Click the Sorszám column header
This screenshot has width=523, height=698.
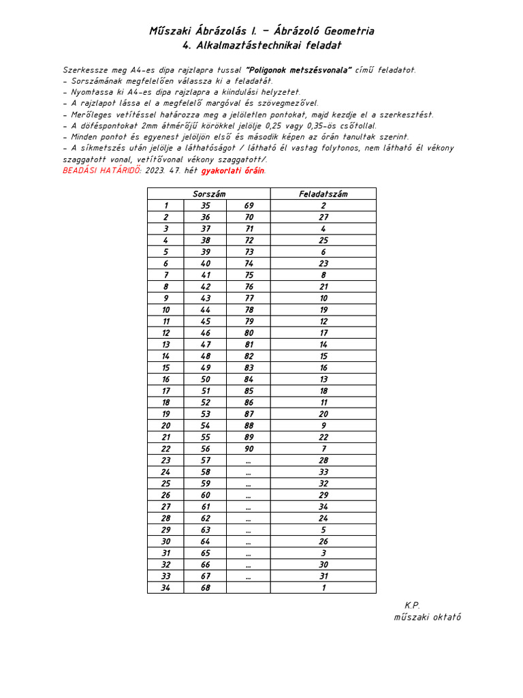[x=209, y=194]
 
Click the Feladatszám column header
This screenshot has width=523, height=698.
[x=323, y=194]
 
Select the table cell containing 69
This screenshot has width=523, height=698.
[x=249, y=205]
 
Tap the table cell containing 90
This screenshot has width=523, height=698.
[x=249, y=449]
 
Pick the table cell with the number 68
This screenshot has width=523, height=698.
[x=205, y=588]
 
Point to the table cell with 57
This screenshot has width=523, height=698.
[x=205, y=460]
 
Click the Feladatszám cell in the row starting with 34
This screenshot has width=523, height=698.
[x=323, y=588]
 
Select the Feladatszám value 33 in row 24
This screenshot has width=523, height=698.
[x=323, y=472]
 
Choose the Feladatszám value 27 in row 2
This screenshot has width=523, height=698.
[x=323, y=217]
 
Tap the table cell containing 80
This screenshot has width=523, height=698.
[x=249, y=333]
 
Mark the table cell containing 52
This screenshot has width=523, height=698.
[x=205, y=402]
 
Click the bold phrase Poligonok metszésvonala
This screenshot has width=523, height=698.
[x=298, y=70]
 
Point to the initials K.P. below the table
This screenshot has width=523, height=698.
[x=412, y=605]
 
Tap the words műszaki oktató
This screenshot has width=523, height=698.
[x=427, y=617]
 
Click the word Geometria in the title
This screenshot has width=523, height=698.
[x=342, y=31]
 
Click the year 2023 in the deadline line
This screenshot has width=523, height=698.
[x=156, y=170]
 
